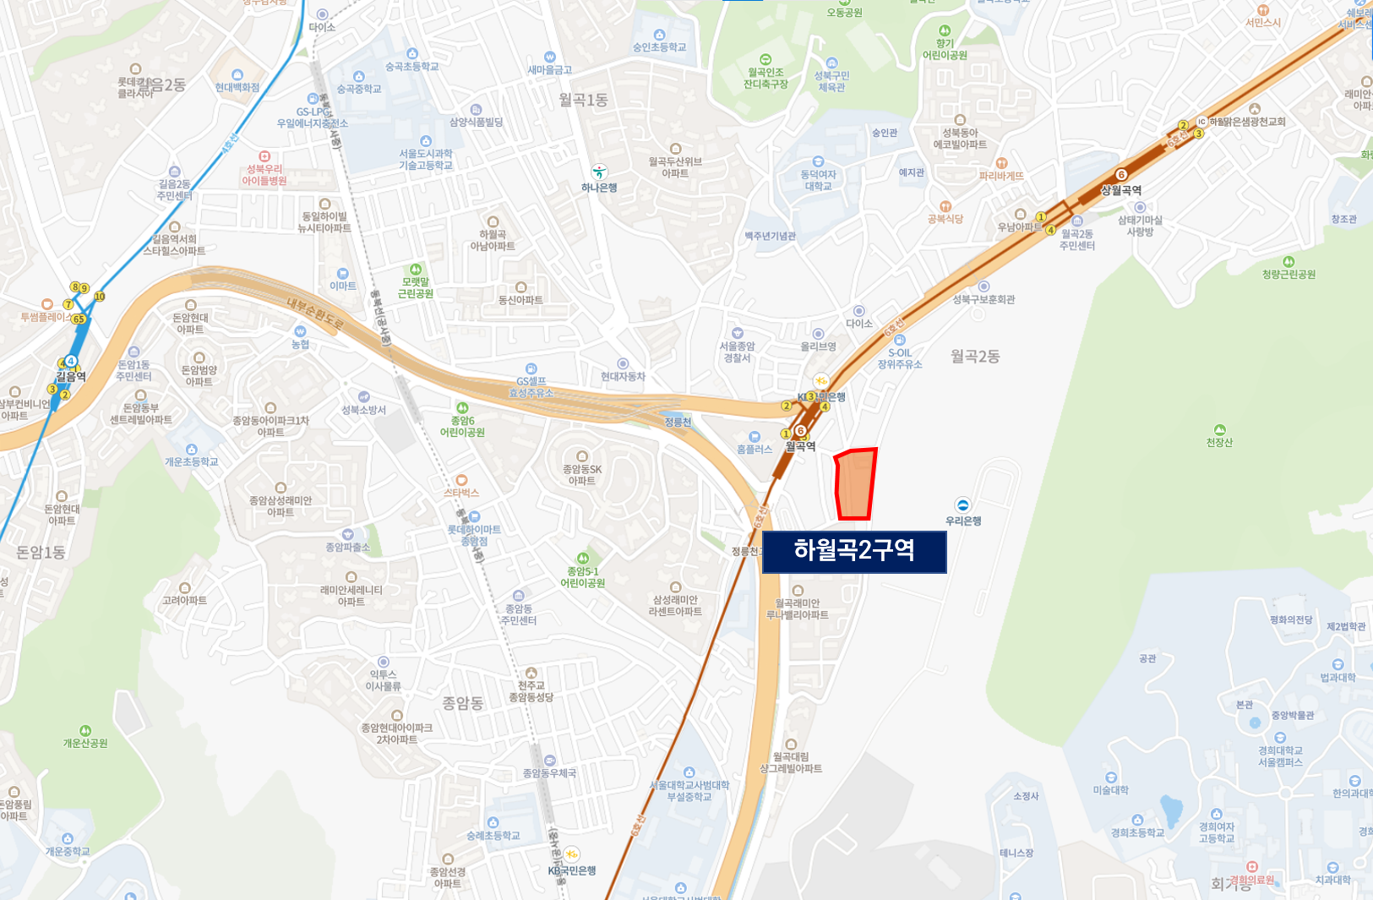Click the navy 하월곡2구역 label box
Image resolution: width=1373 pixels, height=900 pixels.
click(x=854, y=551)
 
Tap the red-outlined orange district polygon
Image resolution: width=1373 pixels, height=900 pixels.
click(x=855, y=484)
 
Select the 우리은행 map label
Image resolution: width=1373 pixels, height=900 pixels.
click(x=963, y=521)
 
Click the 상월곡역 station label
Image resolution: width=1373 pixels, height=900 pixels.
click(x=1121, y=190)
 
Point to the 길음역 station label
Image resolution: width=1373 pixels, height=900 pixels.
click(x=71, y=376)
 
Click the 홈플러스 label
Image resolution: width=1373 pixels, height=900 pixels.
click(x=755, y=449)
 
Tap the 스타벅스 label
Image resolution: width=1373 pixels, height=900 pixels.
click(x=461, y=492)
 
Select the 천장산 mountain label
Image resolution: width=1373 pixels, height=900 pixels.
click(x=1219, y=442)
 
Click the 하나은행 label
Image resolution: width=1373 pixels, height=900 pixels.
click(x=599, y=188)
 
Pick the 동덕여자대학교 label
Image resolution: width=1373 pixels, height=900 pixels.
click(x=818, y=180)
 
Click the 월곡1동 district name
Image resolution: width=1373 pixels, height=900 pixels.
click(x=583, y=100)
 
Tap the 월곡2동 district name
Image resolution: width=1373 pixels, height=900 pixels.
click(x=975, y=357)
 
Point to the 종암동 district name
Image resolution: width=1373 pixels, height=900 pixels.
click(x=462, y=703)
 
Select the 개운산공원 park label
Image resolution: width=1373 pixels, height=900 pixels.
click(x=85, y=743)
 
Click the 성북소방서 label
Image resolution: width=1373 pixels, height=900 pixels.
click(x=363, y=410)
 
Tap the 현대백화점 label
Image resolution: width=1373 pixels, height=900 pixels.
click(x=237, y=87)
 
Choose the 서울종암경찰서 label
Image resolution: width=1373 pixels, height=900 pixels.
click(x=738, y=352)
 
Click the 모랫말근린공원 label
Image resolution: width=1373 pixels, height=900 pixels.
click(x=415, y=287)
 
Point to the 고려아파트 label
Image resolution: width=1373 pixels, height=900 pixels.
click(x=185, y=600)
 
